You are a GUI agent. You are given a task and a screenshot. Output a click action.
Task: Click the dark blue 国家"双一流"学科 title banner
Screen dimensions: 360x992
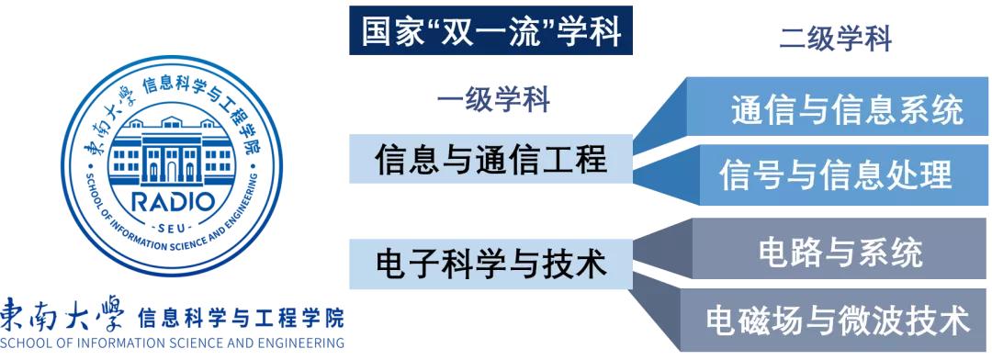[491, 32]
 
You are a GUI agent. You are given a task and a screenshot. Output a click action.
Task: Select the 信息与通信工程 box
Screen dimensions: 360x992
[491, 161]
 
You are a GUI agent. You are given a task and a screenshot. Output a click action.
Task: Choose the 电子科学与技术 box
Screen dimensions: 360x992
[491, 264]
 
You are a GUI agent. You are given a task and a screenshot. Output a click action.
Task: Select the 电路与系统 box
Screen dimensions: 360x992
[841, 251]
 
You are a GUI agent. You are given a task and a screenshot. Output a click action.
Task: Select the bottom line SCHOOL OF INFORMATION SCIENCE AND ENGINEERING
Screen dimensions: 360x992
[172, 345]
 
